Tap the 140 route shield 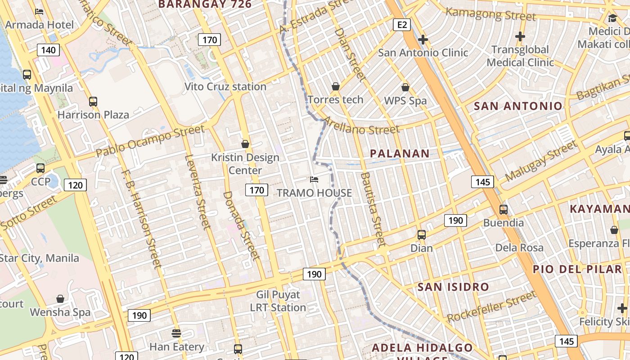[x=48, y=49]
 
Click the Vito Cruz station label [x=225, y=86]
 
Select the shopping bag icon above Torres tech [x=335, y=86]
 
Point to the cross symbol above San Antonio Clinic [x=423, y=40]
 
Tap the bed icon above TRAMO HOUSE [x=314, y=180]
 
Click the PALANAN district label [x=400, y=153]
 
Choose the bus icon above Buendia [x=503, y=209]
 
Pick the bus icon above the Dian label [x=421, y=234]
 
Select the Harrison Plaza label [x=93, y=115]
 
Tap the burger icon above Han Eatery [x=176, y=333]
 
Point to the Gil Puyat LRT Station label [x=278, y=301]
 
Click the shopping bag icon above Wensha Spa [x=60, y=299]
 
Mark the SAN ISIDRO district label [x=453, y=287]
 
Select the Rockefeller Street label [x=491, y=306]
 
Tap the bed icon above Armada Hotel [x=39, y=11]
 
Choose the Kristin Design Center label [x=245, y=164]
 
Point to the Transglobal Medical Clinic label [x=520, y=56]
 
